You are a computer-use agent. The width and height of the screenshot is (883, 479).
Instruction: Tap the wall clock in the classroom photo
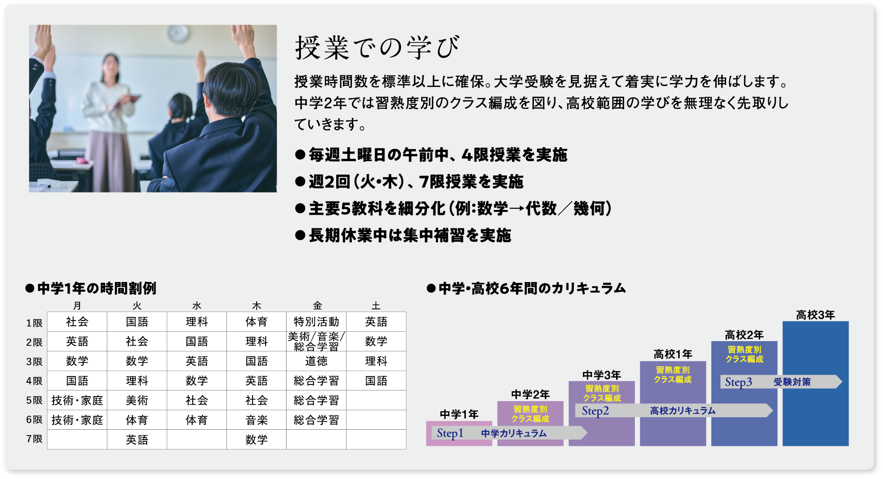tap(178, 33)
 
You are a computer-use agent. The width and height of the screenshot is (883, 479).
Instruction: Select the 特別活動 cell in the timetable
tap(316, 322)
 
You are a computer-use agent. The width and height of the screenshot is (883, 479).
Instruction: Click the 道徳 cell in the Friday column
tap(316, 361)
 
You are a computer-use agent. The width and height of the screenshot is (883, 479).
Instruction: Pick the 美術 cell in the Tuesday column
tap(137, 401)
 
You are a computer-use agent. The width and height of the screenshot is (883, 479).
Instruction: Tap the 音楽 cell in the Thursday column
tap(256, 420)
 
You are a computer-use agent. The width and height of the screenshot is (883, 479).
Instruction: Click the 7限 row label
tap(34, 439)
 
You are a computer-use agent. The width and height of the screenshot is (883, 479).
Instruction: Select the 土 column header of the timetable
tap(376, 306)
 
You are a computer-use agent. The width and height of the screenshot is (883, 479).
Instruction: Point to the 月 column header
tap(77, 306)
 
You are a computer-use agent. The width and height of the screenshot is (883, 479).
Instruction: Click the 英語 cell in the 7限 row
tap(137, 440)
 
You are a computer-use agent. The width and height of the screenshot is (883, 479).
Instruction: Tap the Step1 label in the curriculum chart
tap(450, 433)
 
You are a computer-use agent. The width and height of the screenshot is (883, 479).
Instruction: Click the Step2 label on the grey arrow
tap(595, 411)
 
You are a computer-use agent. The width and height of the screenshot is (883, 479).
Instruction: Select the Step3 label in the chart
tap(738, 382)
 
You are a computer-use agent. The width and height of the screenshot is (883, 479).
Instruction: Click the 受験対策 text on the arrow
tap(792, 382)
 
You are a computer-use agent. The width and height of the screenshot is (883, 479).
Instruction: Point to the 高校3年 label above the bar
tap(815, 315)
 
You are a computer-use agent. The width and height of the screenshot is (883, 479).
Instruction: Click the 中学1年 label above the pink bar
tap(459, 415)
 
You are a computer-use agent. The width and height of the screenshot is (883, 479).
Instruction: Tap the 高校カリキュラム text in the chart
tap(682, 411)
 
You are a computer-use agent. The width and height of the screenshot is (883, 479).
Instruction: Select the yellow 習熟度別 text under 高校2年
tap(744, 350)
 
